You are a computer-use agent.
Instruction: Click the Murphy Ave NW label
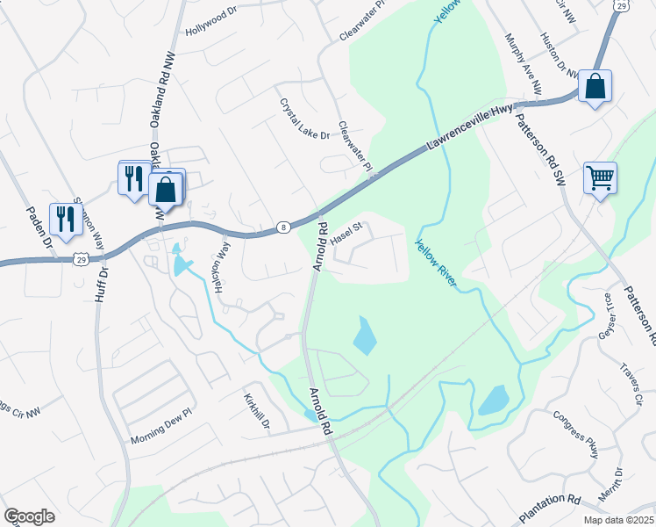524,64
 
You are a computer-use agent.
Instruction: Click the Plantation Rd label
550,506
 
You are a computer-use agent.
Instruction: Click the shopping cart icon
600,178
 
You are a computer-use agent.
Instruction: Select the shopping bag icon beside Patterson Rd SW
594,86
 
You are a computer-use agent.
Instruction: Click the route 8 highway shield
283,227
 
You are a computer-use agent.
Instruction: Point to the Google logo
29,516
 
